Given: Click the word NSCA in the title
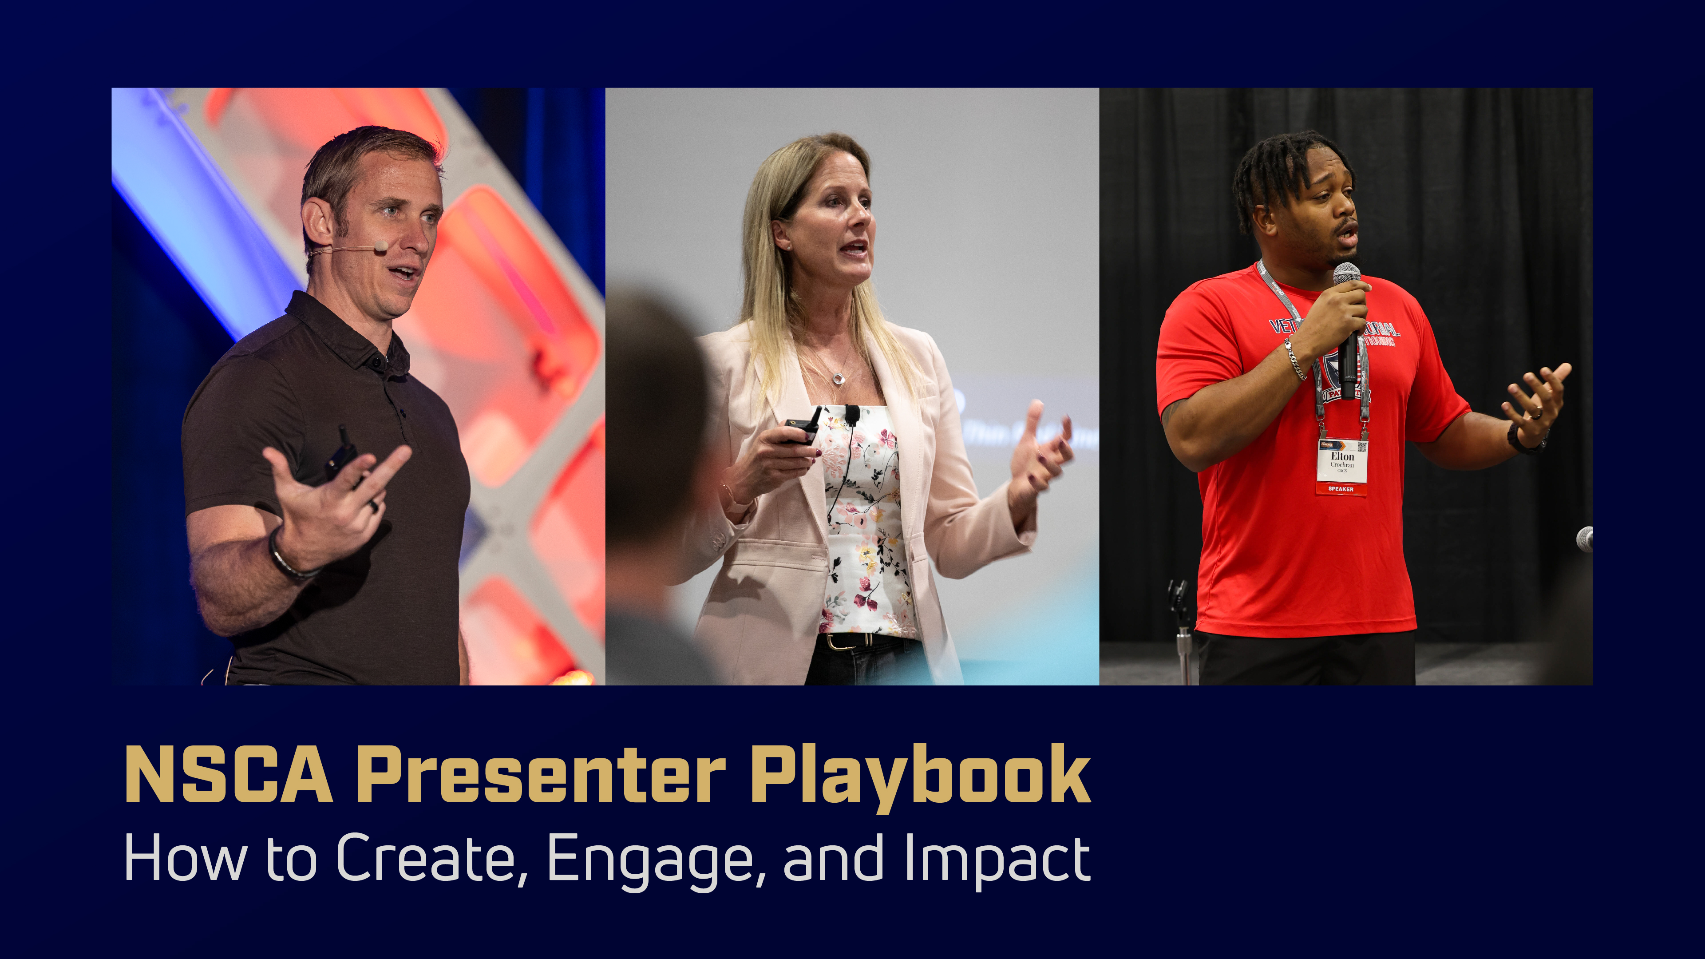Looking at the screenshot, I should pyautogui.click(x=228, y=774).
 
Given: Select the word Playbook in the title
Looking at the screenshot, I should pyautogui.click(x=920, y=774).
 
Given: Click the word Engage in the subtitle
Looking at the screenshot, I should pyautogui.click(x=651, y=858).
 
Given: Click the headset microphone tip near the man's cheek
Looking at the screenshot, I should pyautogui.click(x=380, y=246).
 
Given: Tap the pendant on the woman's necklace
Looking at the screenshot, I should pyautogui.click(x=838, y=378).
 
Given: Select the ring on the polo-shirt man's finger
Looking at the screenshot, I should pyautogui.click(x=374, y=504).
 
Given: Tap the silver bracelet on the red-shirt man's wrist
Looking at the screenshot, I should pyautogui.click(x=1295, y=359).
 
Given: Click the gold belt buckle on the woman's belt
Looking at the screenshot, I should pyautogui.click(x=835, y=641).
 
